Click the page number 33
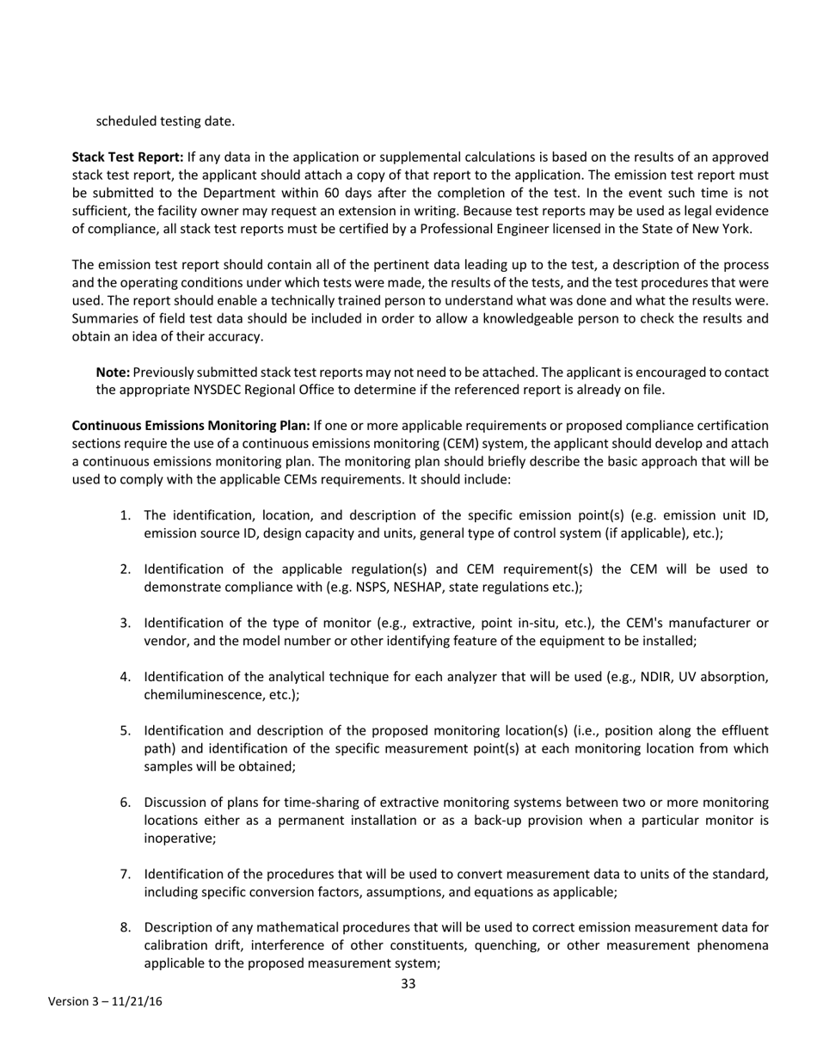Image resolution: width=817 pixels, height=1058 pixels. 408,983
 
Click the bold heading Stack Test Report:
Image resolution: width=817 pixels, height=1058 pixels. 127,157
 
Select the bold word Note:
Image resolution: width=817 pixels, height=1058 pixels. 113,372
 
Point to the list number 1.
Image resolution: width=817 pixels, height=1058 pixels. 125,516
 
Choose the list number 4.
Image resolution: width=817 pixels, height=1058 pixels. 125,677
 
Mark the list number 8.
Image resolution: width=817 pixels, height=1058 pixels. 125,928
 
